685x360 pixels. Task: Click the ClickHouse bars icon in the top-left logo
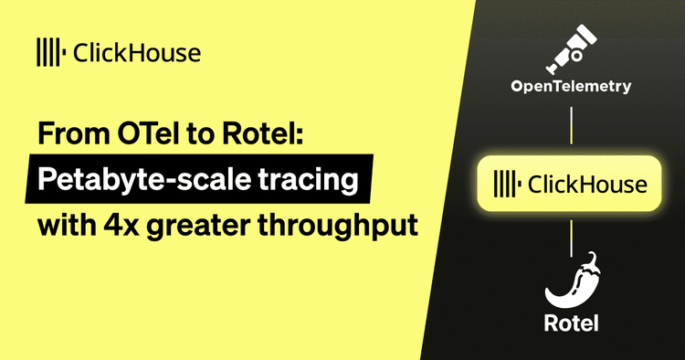[x=48, y=51]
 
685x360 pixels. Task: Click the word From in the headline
[x=68, y=134]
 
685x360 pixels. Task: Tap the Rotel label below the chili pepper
[x=570, y=323]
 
